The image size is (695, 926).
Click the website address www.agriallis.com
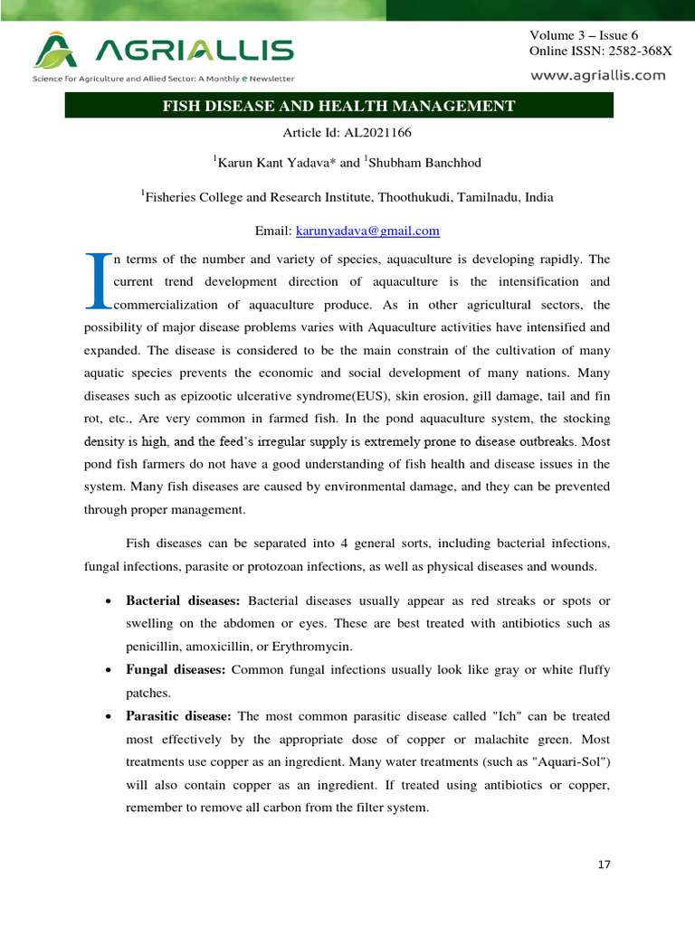597,76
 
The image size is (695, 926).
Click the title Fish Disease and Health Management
338,107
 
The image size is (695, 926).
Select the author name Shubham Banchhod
415,163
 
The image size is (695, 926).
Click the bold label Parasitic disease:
179,717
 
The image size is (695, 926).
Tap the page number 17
605,865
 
